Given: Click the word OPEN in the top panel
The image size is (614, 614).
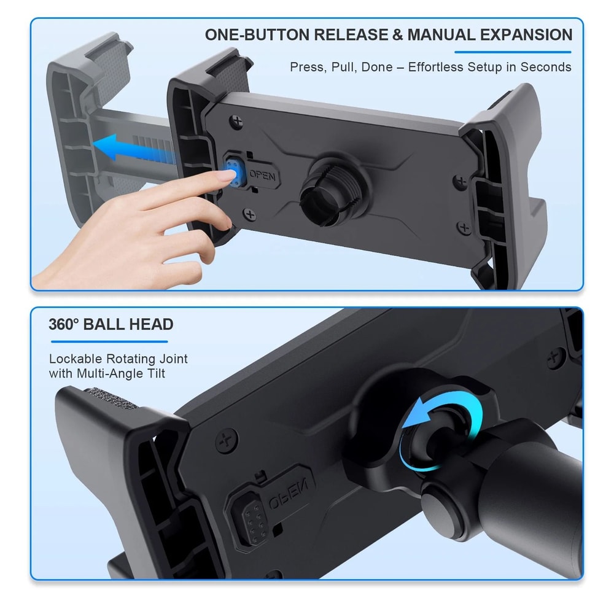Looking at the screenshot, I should click(264, 177).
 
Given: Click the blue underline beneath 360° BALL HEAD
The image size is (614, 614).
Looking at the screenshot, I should click(108, 341).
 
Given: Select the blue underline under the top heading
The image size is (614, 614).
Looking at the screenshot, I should click(513, 52).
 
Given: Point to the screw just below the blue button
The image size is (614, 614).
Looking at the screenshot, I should click(249, 214).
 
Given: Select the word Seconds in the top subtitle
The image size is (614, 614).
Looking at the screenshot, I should click(545, 67).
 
